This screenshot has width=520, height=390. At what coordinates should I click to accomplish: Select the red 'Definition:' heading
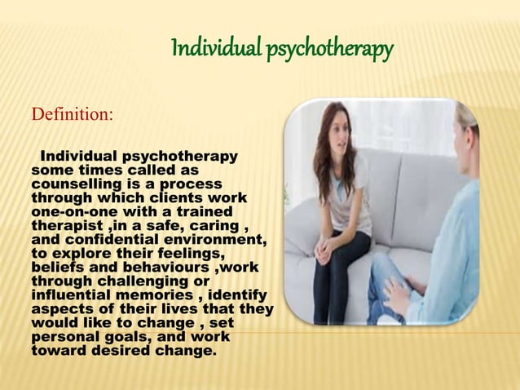click(72, 113)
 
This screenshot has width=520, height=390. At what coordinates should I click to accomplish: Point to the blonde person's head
click(467, 122)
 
